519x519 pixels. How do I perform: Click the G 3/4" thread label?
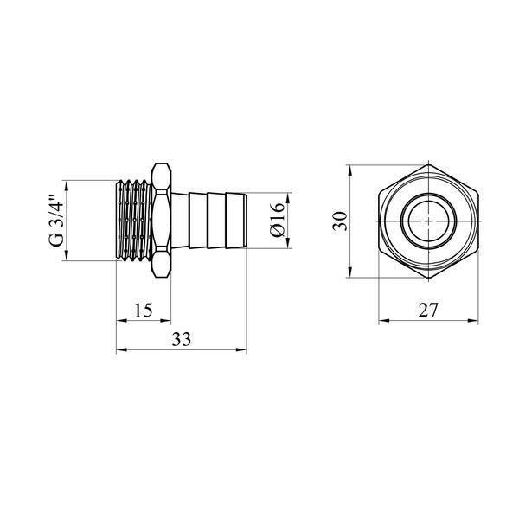click(x=55, y=221)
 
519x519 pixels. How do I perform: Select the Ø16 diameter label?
click(x=278, y=220)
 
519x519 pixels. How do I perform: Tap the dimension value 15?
click(x=144, y=311)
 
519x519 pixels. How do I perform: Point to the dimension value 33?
click(x=182, y=339)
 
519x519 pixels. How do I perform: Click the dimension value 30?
click(x=341, y=221)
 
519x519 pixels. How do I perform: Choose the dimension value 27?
click(x=428, y=311)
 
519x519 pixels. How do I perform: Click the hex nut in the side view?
click(x=161, y=220)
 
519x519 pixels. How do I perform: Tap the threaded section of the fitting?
click(x=134, y=220)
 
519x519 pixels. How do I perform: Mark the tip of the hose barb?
click(x=246, y=220)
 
